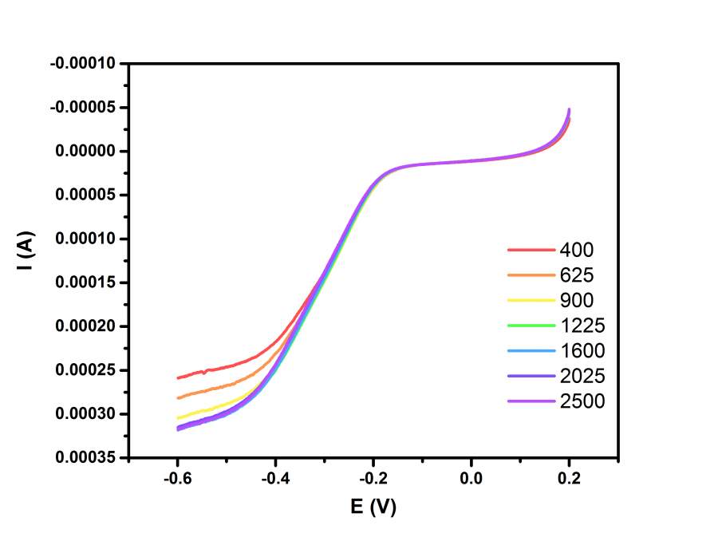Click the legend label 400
[577, 250]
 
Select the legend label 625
[577, 275]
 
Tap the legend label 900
[577, 301]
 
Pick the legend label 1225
[582, 326]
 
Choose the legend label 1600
[582, 351]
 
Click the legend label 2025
[582, 376]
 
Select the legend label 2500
[582, 401]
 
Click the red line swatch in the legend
[531, 250]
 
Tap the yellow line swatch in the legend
[531, 301]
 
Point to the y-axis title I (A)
[25, 253]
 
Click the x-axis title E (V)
[372, 506]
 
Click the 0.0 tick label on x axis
[471, 479]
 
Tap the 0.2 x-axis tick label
[570, 479]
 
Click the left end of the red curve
[178, 377]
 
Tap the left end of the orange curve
[178, 397]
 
